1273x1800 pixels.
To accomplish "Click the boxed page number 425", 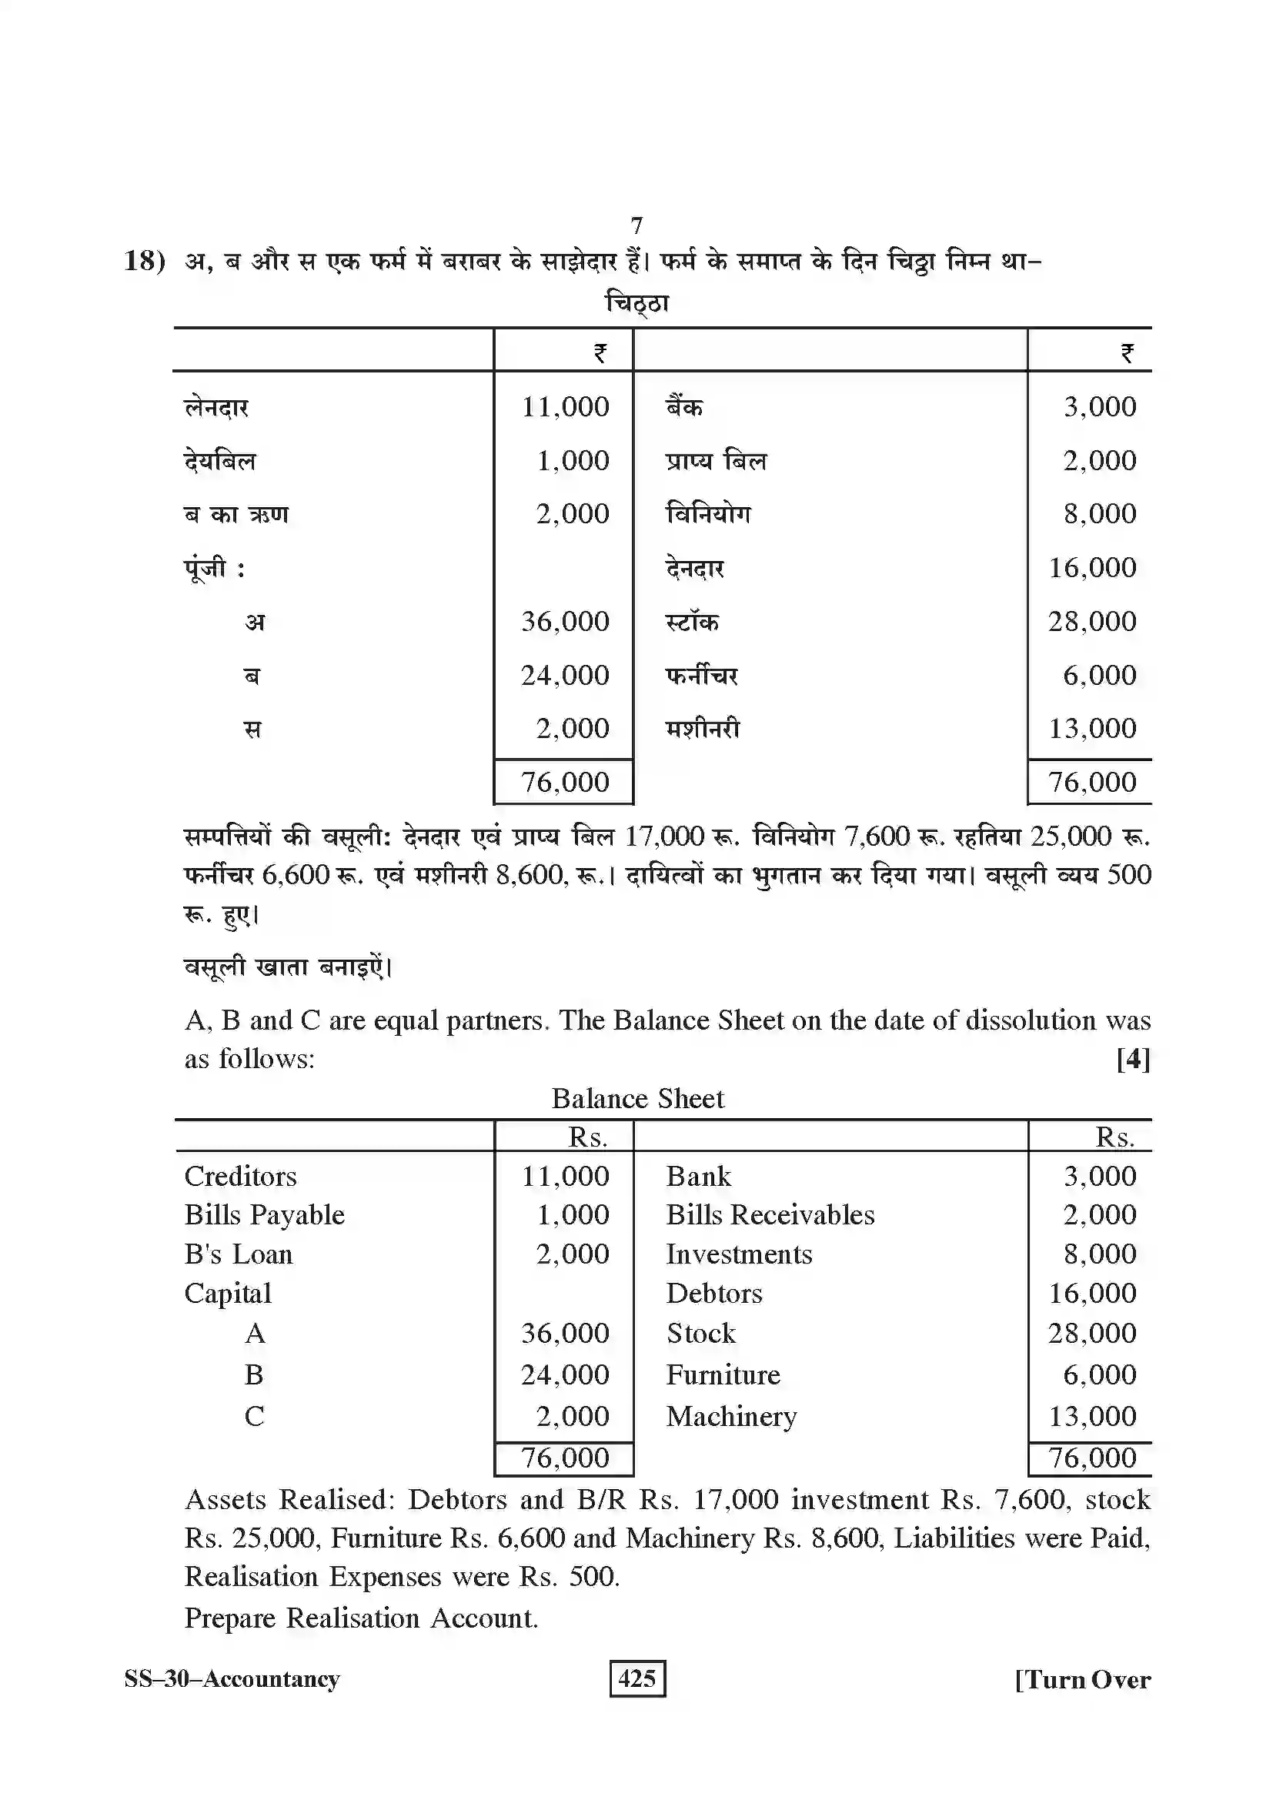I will tap(636, 1678).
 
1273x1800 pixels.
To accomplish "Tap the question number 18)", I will tap(145, 260).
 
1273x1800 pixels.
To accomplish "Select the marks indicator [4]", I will tap(1133, 1059).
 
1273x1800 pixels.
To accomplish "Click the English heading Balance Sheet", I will tap(637, 1098).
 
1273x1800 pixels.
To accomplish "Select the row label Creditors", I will tap(241, 1176).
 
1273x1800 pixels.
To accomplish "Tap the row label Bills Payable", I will tap(264, 1214).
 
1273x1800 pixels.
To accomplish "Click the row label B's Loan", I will tap(239, 1254).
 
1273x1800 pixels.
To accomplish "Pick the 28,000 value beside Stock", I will tap(1092, 1333).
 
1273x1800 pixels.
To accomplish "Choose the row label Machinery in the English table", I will tap(731, 1416).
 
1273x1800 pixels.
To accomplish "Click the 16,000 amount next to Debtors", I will tap(1092, 1293).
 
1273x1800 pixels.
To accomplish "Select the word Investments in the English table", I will tap(739, 1254).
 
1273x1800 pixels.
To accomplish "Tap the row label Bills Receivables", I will tap(770, 1214).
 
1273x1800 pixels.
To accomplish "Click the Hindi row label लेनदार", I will tap(216, 407).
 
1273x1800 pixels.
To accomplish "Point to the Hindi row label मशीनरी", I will tap(703, 728).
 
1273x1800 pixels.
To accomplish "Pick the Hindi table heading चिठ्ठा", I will tap(637, 302).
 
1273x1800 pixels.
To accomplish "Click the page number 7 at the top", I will tap(636, 225).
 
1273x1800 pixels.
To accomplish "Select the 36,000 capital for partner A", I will tap(564, 1333).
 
